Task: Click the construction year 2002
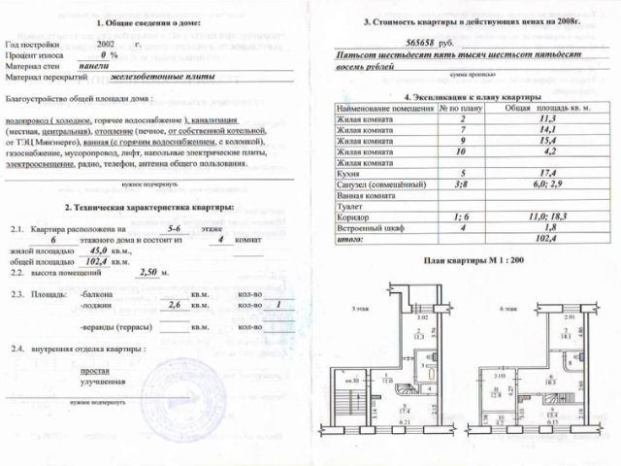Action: pyautogui.click(x=110, y=45)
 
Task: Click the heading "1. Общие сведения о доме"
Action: pyautogui.click(x=147, y=21)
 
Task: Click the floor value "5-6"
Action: pyautogui.click(x=175, y=225)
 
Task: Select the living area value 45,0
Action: pyautogui.click(x=95, y=249)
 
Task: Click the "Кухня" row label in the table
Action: pyautogui.click(x=350, y=173)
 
